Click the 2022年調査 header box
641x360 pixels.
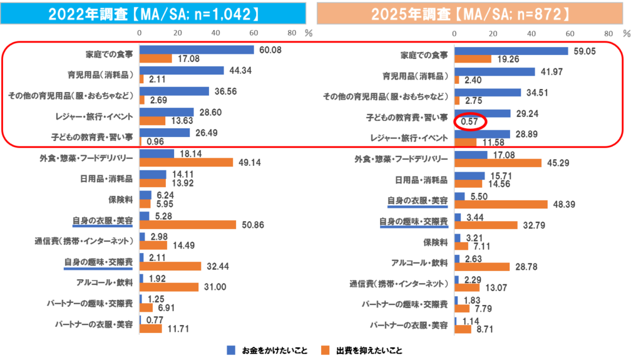153,14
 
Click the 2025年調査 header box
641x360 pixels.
469,14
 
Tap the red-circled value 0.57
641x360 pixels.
468,121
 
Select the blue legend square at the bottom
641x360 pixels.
231,350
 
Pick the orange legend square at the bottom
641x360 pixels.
325,350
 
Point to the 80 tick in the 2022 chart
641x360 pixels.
292,33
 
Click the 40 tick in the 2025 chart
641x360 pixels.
531,33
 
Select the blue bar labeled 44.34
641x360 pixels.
182,70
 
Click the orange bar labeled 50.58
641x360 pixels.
188,224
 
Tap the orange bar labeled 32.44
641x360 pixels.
170,266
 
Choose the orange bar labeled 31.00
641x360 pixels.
169,287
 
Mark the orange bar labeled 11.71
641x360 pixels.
151,328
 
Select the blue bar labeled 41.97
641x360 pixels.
495,71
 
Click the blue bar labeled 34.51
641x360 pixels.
488,93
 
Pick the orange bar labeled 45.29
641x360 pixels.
498,163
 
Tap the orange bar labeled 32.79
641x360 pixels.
486,225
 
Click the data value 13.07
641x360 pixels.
491,287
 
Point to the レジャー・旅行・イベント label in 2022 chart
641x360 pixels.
93,115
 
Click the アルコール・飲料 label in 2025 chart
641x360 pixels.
419,262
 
